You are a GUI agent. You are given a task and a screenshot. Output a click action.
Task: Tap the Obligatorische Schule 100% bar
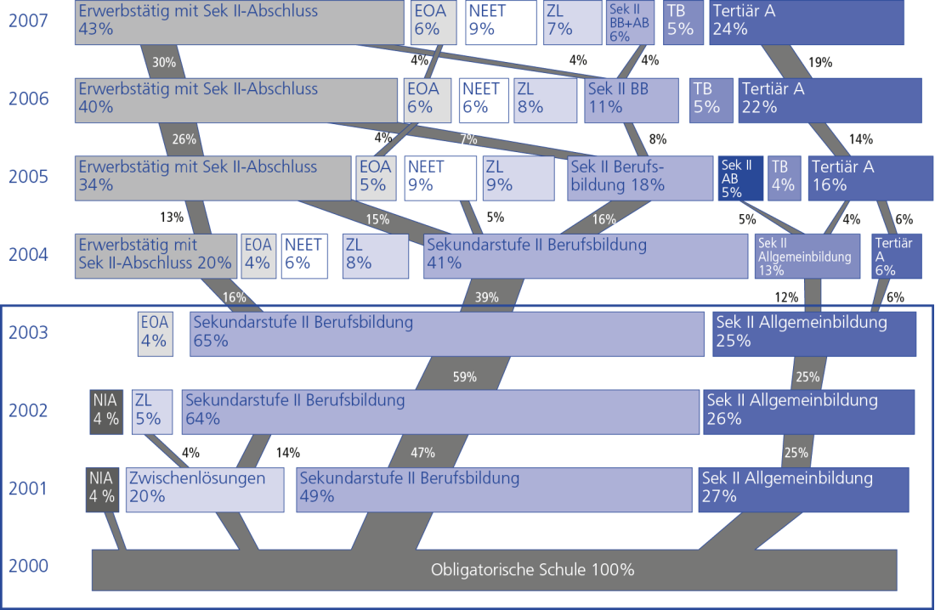click(494, 569)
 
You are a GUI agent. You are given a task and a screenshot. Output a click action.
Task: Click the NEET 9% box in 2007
click(501, 22)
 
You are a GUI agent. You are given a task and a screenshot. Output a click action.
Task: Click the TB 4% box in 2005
click(784, 178)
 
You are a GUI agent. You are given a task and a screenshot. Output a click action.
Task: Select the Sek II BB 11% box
click(632, 99)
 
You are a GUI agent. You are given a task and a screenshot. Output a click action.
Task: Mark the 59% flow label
click(465, 376)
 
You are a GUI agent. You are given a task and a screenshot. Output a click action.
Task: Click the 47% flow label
click(422, 452)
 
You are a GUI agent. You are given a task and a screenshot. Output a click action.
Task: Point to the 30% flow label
click(164, 62)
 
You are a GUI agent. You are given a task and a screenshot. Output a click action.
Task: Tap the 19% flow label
click(819, 62)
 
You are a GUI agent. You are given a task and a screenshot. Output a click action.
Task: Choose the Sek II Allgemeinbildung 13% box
click(802, 256)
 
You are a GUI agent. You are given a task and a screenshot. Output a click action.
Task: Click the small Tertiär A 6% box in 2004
click(897, 256)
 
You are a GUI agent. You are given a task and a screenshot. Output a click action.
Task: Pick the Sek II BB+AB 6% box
click(631, 22)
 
